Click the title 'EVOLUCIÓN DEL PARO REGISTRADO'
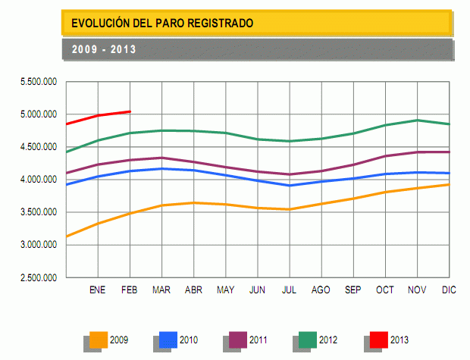click(x=162, y=23)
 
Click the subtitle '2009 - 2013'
click(x=104, y=49)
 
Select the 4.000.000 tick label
click(x=39, y=180)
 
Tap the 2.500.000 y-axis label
click(x=39, y=278)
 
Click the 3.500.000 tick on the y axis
click(x=39, y=213)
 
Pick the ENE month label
click(x=98, y=290)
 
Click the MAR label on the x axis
click(x=161, y=290)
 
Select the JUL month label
click(x=289, y=290)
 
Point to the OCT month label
click(x=385, y=290)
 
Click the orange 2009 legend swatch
click(x=98, y=340)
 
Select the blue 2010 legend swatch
click(x=168, y=340)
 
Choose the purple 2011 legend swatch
click(x=237, y=340)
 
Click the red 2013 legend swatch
click(x=377, y=340)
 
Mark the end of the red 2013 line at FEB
click(x=130, y=111)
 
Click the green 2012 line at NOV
click(x=418, y=120)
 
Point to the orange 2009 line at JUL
click(x=289, y=209)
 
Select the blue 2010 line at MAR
click(x=161, y=168)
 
